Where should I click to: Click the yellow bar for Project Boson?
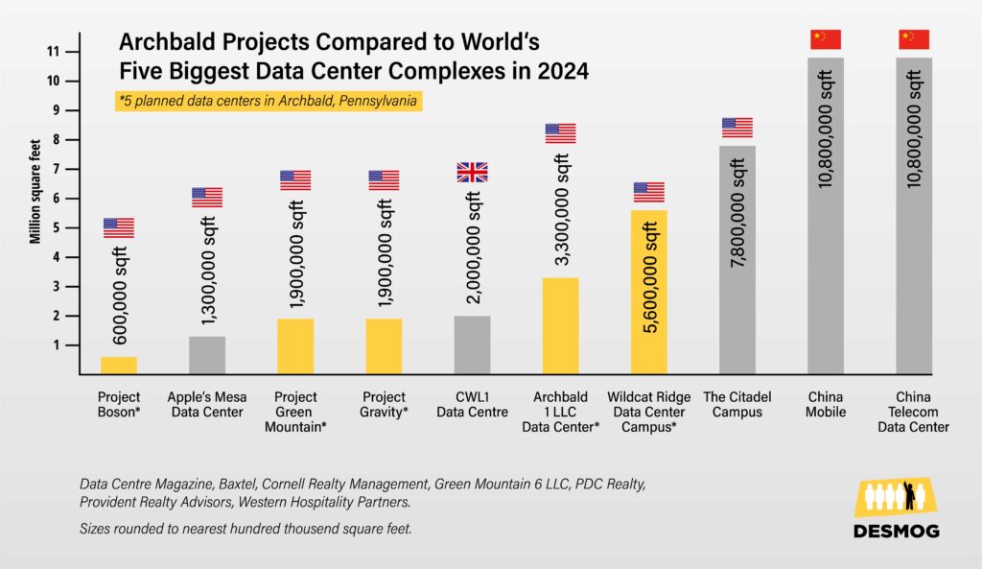point(119,365)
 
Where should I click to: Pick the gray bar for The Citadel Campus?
point(736,259)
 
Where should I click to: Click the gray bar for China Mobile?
point(826,216)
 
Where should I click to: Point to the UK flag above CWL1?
point(472,173)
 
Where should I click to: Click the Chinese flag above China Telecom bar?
point(914,39)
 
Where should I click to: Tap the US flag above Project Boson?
point(119,227)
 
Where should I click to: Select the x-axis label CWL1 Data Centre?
point(472,405)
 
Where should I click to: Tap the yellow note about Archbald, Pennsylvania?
point(269,101)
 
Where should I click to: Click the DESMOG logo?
point(896,510)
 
